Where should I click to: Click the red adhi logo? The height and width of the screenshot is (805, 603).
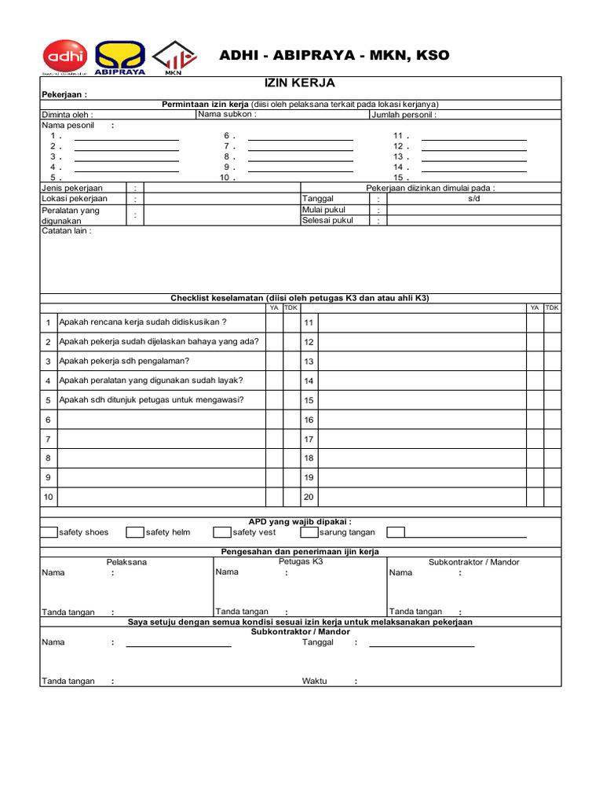64,57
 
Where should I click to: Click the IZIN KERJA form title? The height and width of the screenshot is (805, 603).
301,83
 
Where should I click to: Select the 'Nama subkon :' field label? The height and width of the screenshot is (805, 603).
228,114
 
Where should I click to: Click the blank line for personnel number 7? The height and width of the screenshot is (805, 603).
300,146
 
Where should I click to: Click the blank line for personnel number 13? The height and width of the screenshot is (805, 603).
473,156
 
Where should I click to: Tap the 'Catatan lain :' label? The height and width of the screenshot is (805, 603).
66,231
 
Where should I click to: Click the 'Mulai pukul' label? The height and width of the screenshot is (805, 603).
323,210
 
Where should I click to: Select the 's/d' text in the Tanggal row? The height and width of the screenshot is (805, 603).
473,199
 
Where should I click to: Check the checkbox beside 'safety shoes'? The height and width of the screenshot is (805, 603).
49,532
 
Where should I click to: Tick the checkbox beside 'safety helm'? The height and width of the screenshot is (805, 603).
135,532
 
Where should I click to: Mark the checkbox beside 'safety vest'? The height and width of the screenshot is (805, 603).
222,532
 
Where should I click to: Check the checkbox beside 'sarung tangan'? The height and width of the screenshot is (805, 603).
309,532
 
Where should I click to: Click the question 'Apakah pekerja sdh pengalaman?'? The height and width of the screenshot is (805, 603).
124,361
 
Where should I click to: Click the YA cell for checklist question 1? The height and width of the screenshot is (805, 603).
274,322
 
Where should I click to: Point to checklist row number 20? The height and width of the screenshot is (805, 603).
309,497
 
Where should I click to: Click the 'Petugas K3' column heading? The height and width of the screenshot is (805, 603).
301,562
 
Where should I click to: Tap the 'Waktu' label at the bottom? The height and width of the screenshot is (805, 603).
315,681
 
